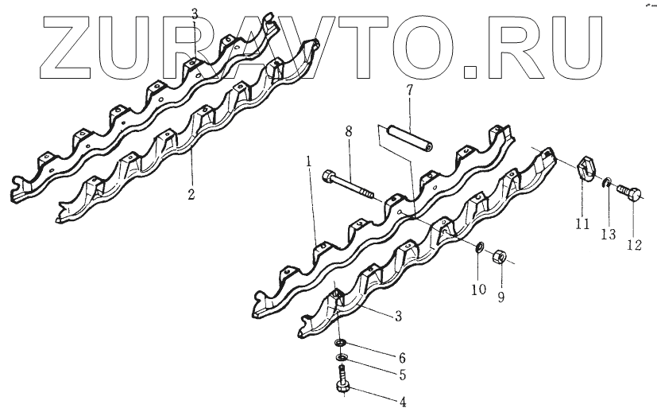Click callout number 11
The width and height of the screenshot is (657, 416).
[x=582, y=224]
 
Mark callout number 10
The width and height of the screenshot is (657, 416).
[x=478, y=290]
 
